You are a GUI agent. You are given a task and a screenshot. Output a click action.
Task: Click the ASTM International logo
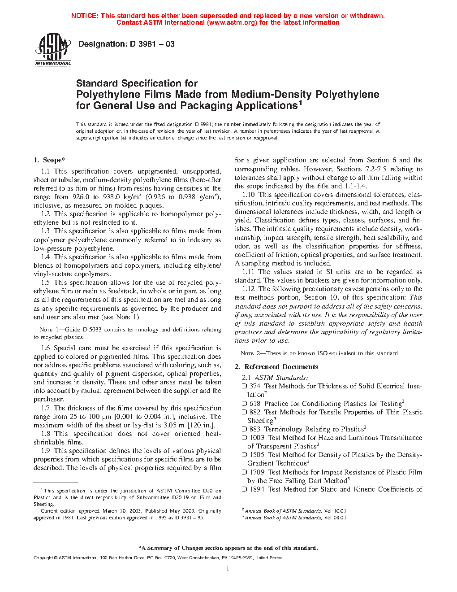coord(53,49)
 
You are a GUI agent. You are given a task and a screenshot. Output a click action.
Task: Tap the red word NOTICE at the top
coord(85,16)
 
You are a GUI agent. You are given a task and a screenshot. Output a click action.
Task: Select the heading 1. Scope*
coord(49,160)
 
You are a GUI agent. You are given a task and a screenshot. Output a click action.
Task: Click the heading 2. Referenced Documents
coord(276,367)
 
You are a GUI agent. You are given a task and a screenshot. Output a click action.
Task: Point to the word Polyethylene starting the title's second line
coord(103,95)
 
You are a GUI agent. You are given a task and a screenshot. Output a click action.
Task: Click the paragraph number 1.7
coord(45,408)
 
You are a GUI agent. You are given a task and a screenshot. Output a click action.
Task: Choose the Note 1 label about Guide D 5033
coord(51,330)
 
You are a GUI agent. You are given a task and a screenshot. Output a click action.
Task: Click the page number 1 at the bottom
coord(228,569)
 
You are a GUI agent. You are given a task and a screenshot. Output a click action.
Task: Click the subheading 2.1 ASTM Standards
coord(275,378)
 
